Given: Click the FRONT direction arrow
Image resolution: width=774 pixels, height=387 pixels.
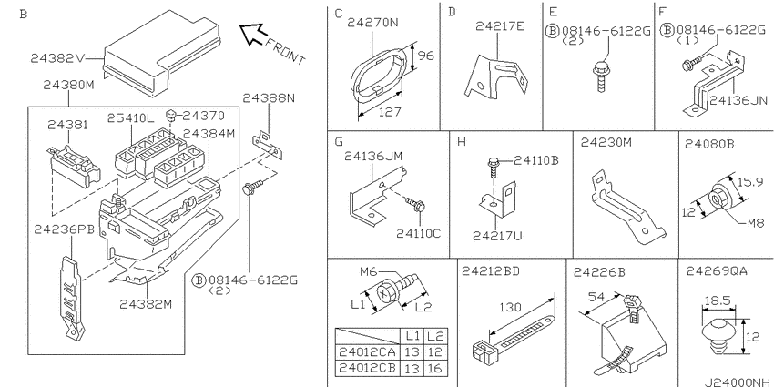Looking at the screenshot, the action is pos(251,35).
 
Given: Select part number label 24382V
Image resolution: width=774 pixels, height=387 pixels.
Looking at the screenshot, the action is pos(57,58).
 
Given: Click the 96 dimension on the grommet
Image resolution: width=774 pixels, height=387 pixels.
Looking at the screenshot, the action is pos(426,56).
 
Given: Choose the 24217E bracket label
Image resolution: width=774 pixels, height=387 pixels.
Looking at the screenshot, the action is pos(500,26).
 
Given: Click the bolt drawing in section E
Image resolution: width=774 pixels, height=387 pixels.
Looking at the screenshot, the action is pos(600,77).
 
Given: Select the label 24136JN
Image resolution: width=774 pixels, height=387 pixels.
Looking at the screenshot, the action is pos(738,101).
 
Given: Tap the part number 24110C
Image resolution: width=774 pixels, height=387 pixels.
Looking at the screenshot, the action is pos(418,233).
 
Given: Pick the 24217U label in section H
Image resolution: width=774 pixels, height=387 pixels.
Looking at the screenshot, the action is pos(497,236).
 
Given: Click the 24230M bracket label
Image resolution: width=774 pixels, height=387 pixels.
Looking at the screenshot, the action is pos(606,143).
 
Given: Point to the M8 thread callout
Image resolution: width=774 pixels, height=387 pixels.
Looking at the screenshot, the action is pos(755,224).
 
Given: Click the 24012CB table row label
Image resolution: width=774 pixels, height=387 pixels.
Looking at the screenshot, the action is pos(367,369).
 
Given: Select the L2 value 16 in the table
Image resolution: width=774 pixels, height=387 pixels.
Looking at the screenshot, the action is pos(435,369).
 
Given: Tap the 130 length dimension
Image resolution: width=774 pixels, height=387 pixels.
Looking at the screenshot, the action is pos(510,307).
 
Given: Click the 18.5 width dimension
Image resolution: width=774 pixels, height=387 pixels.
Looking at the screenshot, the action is pos(718,301).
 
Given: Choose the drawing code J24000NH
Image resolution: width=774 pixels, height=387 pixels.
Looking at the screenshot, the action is pos(736,382).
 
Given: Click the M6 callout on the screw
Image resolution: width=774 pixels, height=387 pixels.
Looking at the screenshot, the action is pos(369,271).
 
